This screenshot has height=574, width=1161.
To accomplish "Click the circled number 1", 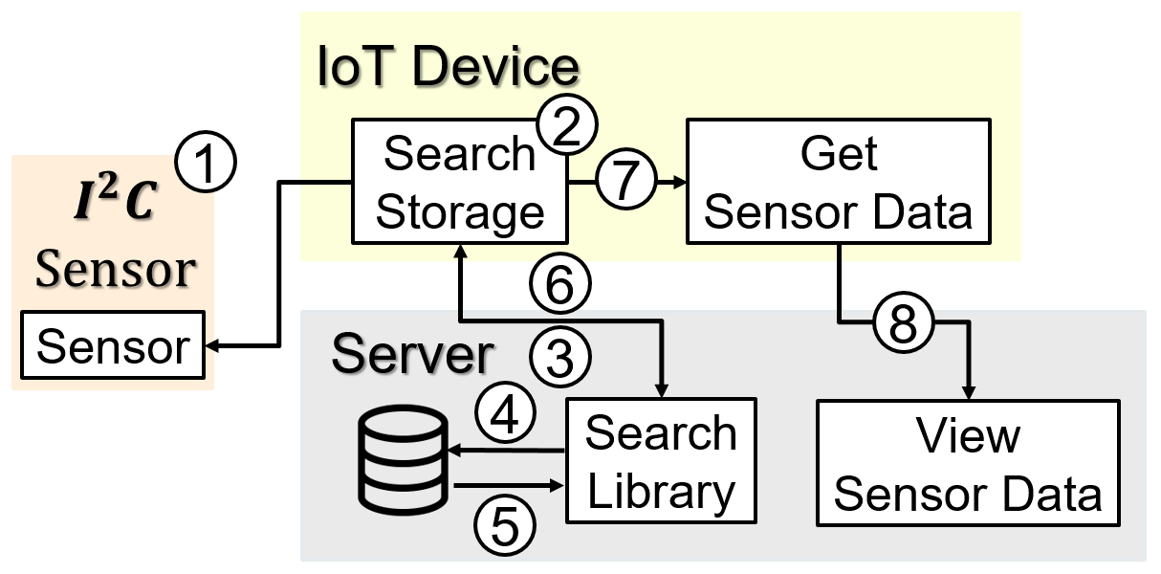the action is pos(206,162).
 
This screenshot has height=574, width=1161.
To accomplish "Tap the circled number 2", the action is pos(567,124).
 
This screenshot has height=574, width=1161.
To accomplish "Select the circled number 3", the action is pos(560,357).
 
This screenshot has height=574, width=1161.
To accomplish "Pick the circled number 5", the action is pos(505,524).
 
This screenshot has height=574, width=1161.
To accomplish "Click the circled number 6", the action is pos(560,283).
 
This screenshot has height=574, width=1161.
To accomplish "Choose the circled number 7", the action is pos(626,179).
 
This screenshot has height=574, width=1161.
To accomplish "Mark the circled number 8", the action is pos(904,322).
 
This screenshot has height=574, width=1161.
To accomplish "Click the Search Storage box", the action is pos(460,182).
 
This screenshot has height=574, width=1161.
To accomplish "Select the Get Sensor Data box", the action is pos(839,182).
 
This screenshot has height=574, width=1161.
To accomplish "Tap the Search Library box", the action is pos(661,460).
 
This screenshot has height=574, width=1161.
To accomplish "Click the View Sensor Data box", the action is pos(968,463).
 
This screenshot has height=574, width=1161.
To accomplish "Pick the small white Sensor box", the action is pos(113,344).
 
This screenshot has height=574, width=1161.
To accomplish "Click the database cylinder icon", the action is pos(403,460).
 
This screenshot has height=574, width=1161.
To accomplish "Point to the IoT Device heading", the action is pos(448,66).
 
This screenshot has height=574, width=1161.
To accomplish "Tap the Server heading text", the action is pos(412,354).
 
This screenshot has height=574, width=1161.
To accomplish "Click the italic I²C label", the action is pos(115,198).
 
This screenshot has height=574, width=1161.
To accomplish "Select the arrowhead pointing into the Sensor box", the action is pos(212,345).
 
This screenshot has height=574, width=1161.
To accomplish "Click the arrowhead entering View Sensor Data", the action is pos(968,392).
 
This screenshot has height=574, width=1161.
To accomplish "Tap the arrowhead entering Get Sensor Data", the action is pos(680,182).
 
